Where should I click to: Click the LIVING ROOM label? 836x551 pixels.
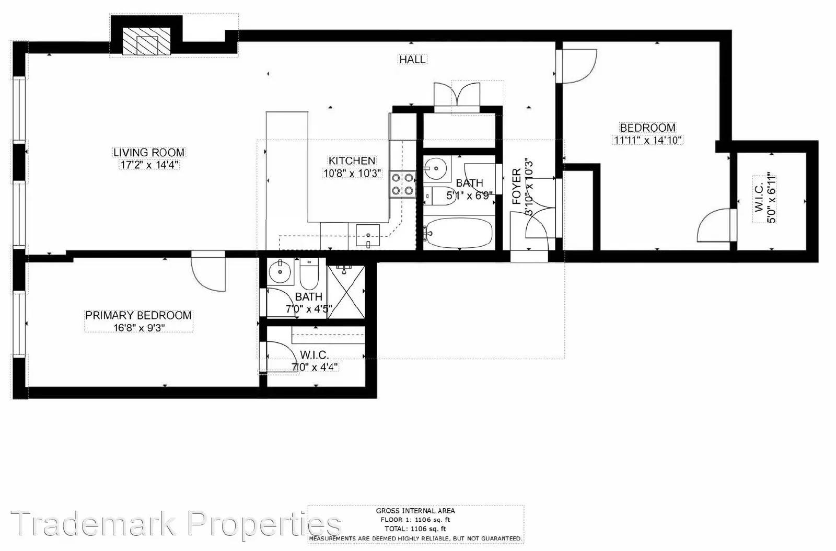(148, 152)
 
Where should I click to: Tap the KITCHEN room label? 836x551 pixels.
(352, 160)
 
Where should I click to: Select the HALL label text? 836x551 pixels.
(412, 60)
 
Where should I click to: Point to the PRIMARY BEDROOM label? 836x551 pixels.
(138, 315)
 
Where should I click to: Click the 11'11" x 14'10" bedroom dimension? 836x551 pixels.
(647, 140)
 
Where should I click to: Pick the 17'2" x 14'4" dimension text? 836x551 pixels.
(149, 165)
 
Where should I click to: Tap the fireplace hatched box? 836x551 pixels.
(147, 41)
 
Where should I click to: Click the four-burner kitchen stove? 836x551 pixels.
(403, 184)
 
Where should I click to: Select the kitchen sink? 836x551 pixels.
(368, 236)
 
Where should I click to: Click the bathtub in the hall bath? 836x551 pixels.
(459, 233)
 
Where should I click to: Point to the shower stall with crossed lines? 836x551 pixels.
(346, 292)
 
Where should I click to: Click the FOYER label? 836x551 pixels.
(517, 186)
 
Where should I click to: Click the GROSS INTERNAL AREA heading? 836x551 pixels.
(415, 511)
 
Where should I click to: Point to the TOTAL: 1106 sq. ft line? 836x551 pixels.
(415, 529)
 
